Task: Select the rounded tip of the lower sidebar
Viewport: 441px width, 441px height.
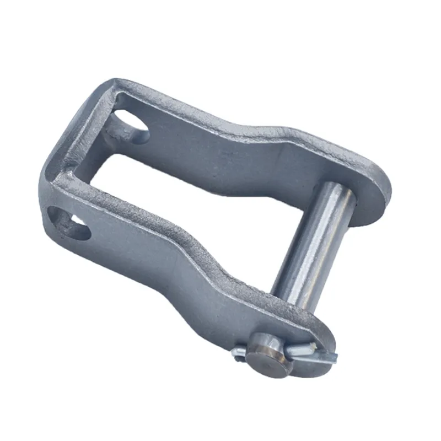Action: tap(325, 342)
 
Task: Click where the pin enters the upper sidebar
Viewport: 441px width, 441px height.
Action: tap(342, 190)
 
